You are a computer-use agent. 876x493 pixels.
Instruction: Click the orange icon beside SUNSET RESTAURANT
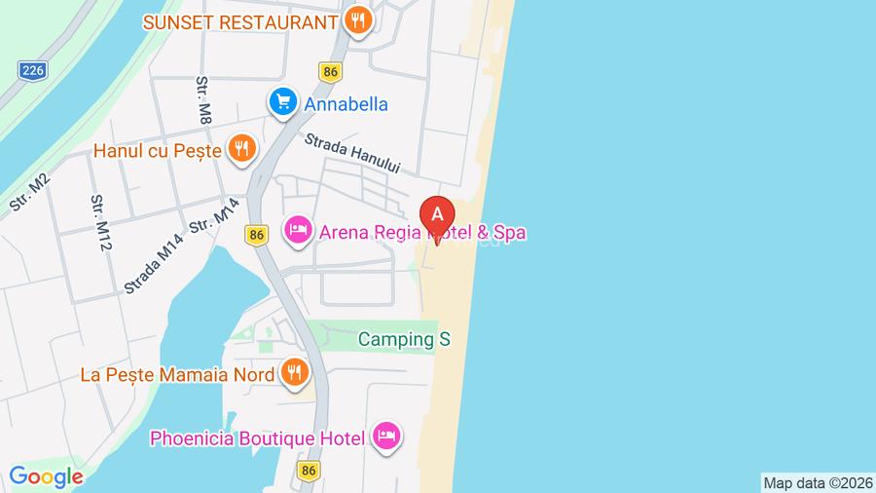359,20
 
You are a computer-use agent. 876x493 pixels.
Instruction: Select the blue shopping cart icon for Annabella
282,102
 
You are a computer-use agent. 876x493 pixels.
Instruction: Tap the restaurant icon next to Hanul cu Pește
240,149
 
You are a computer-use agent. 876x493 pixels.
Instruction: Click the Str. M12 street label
98,223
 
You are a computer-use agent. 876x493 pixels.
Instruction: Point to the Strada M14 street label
153,267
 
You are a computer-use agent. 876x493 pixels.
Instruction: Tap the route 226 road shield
32,69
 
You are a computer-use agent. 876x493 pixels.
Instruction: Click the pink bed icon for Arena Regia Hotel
297,231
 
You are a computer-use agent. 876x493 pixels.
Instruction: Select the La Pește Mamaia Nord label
179,373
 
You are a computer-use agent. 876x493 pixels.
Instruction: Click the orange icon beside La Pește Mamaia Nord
294,372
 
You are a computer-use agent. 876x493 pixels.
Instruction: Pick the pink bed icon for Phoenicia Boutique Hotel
386,437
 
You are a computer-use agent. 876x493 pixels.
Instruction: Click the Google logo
46,477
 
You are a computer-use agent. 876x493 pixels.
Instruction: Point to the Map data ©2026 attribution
817,482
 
